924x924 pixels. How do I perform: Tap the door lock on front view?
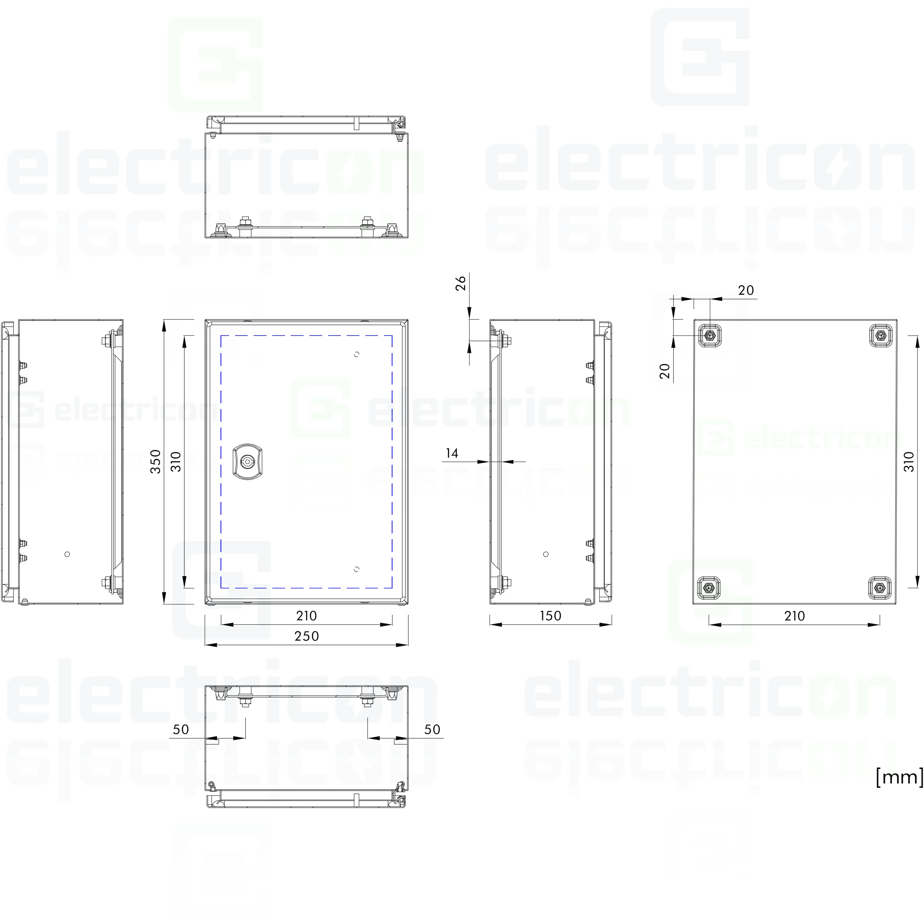pyautogui.click(x=247, y=462)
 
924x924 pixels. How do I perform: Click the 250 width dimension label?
pyautogui.click(x=307, y=636)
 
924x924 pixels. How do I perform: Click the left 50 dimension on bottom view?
pyautogui.click(x=181, y=729)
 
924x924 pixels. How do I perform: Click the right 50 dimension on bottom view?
pyautogui.click(x=432, y=729)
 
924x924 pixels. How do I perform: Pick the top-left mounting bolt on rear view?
pyautogui.click(x=710, y=335)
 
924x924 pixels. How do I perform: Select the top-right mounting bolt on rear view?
pyautogui.click(x=880, y=335)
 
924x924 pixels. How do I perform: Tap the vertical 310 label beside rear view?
pyautogui.click(x=909, y=462)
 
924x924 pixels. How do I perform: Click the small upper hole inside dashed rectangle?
pyautogui.click(x=357, y=354)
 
